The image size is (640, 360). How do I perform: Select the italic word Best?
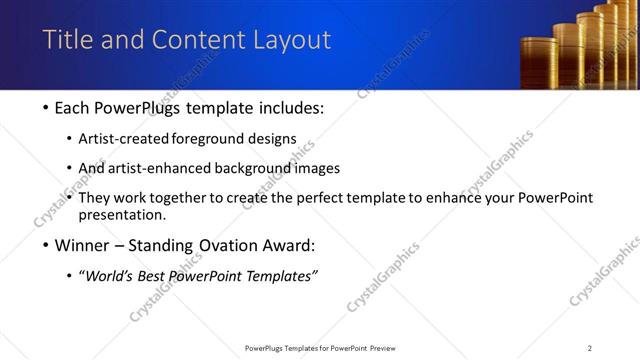coord(161,276)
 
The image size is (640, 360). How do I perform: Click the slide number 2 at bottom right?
coord(590,348)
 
